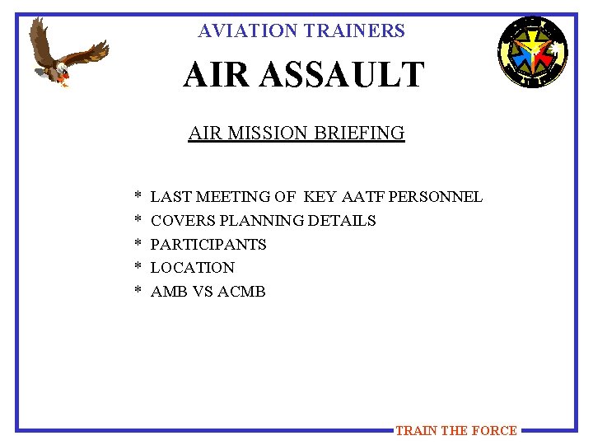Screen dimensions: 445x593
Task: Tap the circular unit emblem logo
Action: click(532, 52)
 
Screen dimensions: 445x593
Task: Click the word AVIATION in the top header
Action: click(247, 31)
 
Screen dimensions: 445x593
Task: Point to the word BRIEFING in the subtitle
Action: click(364, 133)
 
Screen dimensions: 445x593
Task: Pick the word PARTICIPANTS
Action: click(208, 245)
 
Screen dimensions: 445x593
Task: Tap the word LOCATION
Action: click(193, 268)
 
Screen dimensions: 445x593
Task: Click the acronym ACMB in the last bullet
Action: click(241, 292)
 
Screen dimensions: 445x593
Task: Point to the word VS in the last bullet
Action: click(202, 292)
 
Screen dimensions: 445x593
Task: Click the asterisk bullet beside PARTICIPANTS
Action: click(138, 246)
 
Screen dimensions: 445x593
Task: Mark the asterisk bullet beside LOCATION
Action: click(138, 269)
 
